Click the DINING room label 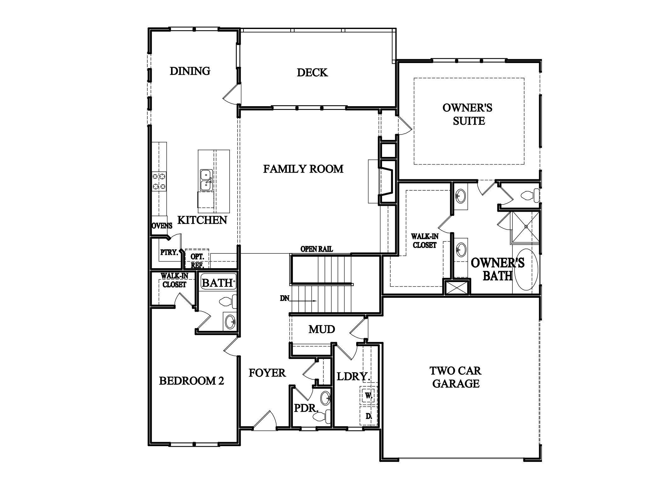pyautogui.click(x=190, y=71)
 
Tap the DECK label pyautogui.click(x=312, y=73)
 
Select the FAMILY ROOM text pyautogui.click(x=303, y=169)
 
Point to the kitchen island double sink pyautogui.click(x=206, y=180)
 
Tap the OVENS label pyautogui.click(x=162, y=226)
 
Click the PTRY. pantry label pyautogui.click(x=169, y=252)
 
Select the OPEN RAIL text pyautogui.click(x=317, y=249)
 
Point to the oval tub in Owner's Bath pyautogui.click(x=525, y=269)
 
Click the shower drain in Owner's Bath pyautogui.click(x=526, y=227)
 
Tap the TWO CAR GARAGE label pyautogui.click(x=456, y=377)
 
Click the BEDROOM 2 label pyautogui.click(x=191, y=381)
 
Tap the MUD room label pyautogui.click(x=322, y=330)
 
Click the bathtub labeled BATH pyautogui.click(x=218, y=283)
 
